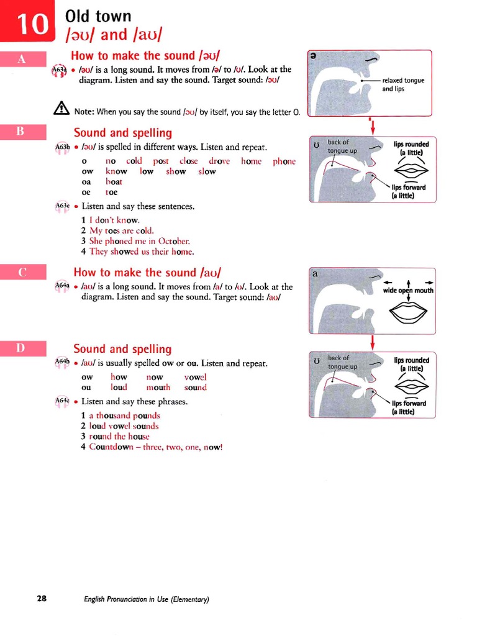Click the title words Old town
(x=98, y=16)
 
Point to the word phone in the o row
(x=284, y=161)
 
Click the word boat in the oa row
(x=114, y=182)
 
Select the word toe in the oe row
(x=112, y=193)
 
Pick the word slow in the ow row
(x=207, y=171)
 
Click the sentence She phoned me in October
(x=140, y=241)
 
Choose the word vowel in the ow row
(x=196, y=377)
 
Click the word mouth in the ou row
(x=158, y=388)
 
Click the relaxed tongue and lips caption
(x=401, y=84)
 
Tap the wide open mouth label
(x=408, y=290)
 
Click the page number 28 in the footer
(x=42, y=599)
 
